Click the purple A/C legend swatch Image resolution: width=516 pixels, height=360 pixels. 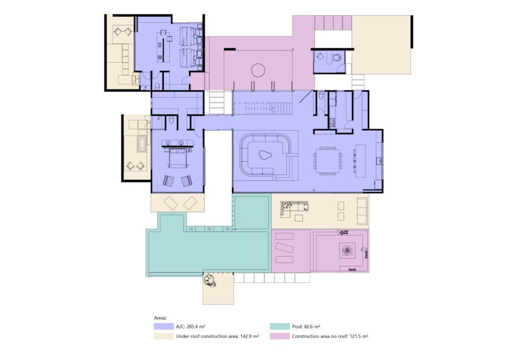point(164,326)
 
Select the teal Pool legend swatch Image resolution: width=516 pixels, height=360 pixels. point(280,326)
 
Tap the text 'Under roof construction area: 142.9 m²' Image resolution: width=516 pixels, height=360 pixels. point(217,336)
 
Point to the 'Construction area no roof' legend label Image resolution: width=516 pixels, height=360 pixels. point(319,336)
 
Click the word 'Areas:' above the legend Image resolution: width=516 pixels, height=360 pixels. point(160,318)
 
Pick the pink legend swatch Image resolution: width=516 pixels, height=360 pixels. point(280,336)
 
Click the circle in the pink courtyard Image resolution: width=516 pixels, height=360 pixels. point(259,70)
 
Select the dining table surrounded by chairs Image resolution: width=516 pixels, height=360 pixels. point(328,161)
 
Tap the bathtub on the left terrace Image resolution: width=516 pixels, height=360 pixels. point(142,145)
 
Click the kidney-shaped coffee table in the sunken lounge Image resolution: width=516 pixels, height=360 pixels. point(264,154)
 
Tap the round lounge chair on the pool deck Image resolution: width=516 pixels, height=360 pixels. point(210,281)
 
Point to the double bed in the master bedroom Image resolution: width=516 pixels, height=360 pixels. point(177,157)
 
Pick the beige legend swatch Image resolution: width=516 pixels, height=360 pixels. point(164,336)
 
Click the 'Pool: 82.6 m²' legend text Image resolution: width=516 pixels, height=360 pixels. point(306,327)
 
